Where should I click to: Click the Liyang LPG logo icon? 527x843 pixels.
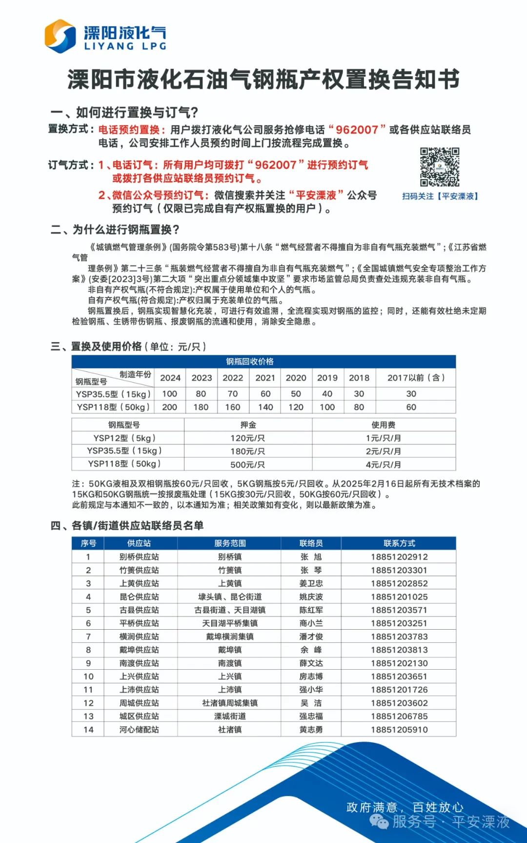coord(60,36)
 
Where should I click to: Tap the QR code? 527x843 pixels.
coord(440,167)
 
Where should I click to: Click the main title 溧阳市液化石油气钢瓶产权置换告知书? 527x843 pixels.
coord(263,80)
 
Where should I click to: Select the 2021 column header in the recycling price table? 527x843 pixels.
coord(265,378)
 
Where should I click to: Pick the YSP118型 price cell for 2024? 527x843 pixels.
coord(169,407)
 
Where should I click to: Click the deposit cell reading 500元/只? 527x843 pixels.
coord(248,464)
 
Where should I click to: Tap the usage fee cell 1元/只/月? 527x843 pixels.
coord(384,438)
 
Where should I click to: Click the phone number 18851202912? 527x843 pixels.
coord(399,557)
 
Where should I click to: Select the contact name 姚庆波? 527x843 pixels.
coord(311,597)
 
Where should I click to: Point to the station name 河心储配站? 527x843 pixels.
coord(139,730)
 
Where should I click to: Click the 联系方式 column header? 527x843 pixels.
coord(399,543)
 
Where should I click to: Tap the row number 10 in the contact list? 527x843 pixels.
coord(88,677)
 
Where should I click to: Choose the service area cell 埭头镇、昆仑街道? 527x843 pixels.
coord(230,597)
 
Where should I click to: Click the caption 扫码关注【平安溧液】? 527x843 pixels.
coord(440,196)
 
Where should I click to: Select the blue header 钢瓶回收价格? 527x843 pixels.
coord(249,362)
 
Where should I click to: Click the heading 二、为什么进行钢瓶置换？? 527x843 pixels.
coord(115,229)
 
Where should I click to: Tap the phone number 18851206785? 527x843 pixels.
coord(399,717)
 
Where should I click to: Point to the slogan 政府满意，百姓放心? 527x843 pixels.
coord(405,807)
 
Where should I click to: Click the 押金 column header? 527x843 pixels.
coord(248,425)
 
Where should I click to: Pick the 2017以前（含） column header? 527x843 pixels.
coord(416,378)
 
